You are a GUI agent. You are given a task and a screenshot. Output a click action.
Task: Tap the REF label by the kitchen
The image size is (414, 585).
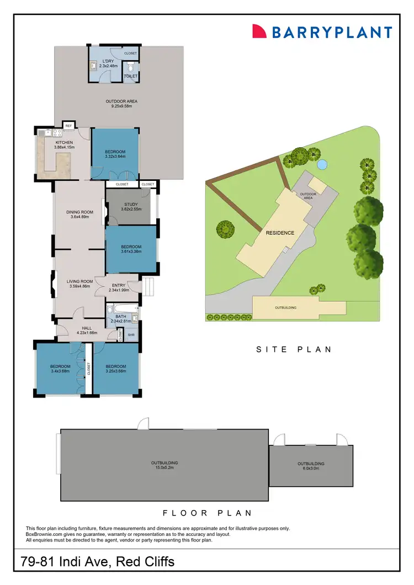point(68,126)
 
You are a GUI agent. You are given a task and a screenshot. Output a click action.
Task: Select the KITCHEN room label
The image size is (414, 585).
point(64,142)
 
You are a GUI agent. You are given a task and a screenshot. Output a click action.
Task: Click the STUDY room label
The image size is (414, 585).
point(130,205)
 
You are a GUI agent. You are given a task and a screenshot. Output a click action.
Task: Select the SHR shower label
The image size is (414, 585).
point(131,335)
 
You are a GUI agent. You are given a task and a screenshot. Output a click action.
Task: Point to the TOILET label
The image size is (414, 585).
point(131,76)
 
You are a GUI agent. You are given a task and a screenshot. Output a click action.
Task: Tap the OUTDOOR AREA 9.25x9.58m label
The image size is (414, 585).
point(121,101)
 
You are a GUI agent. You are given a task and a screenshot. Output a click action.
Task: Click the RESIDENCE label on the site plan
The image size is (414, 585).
point(280,233)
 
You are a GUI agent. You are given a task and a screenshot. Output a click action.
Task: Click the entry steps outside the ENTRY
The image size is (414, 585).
point(148,286)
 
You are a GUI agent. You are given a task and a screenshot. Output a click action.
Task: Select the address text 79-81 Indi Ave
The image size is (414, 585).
point(97,562)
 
